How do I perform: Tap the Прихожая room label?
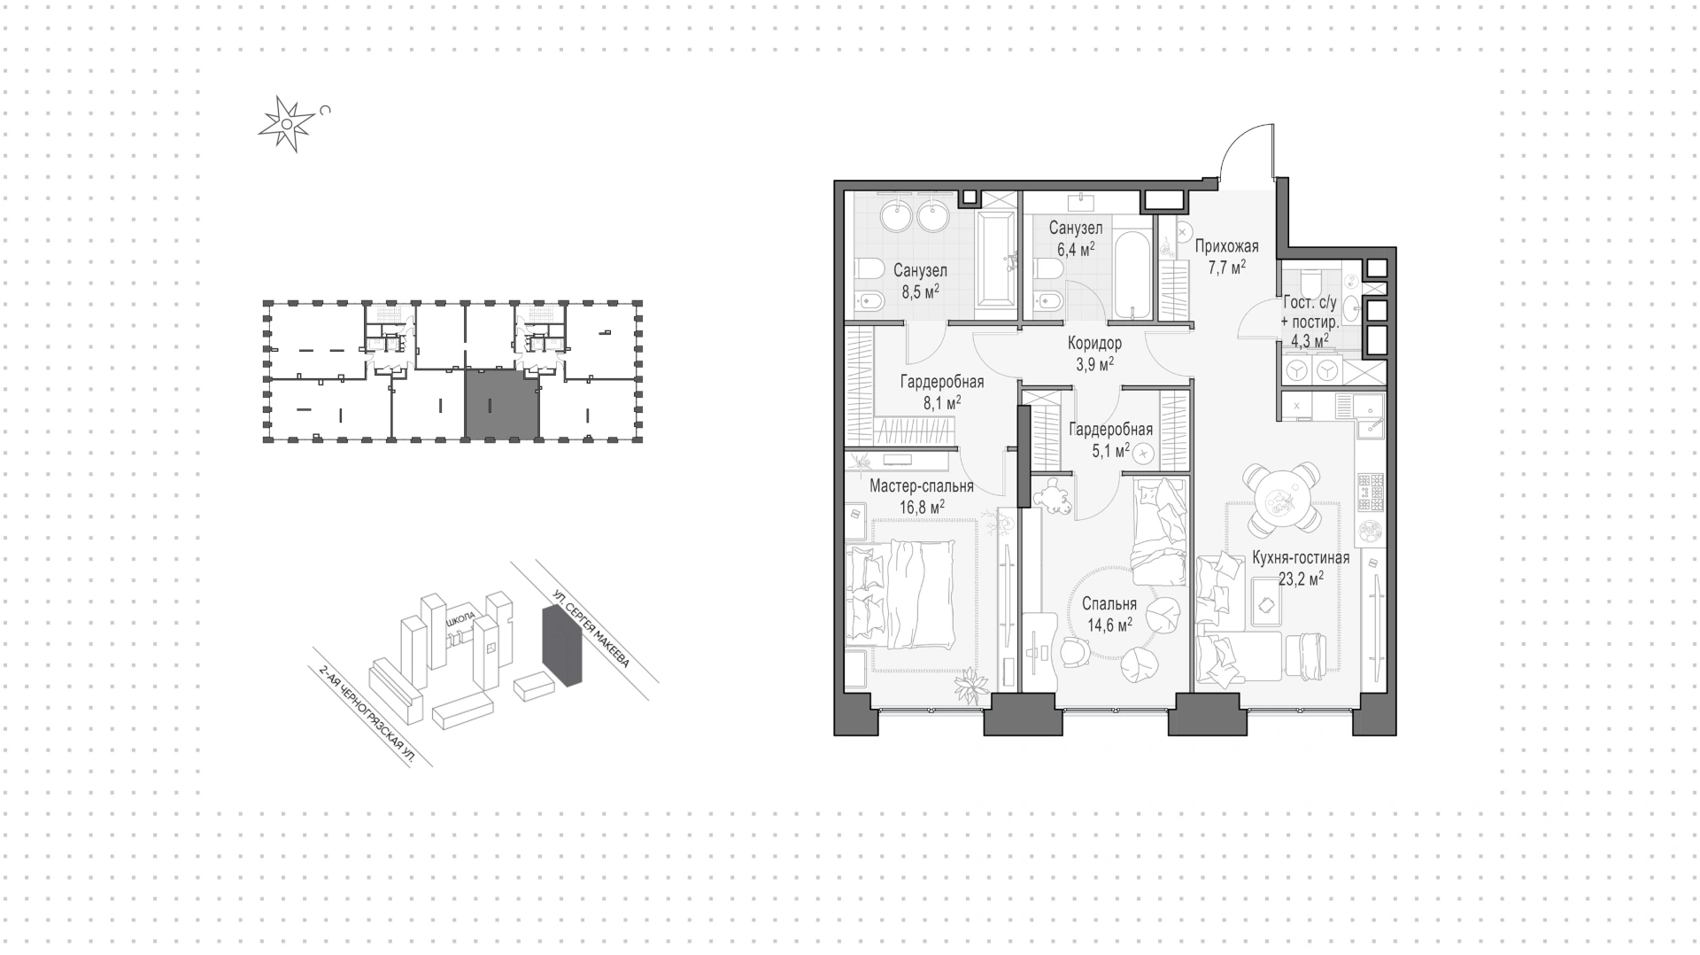pos(1226,247)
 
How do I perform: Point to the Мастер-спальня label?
pos(921,486)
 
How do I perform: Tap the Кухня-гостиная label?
pos(1301,558)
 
